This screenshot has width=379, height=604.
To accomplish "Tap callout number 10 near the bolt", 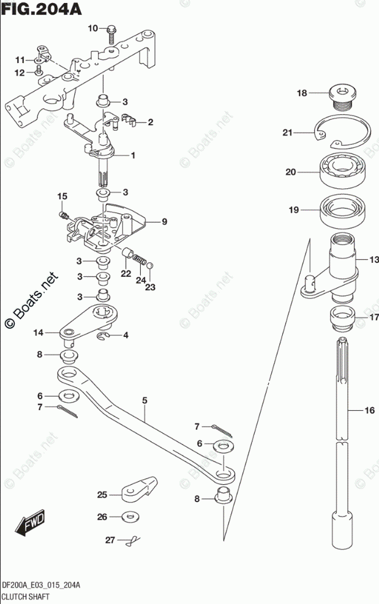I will (x=93, y=29).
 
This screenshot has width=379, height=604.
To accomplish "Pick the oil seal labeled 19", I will (x=344, y=210).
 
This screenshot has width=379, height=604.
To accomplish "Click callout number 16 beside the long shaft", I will (x=369, y=411).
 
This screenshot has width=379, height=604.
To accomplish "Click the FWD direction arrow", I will (x=29, y=523).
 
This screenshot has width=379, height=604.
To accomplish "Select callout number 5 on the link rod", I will (x=145, y=401).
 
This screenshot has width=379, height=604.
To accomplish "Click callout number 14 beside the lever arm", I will (x=39, y=333).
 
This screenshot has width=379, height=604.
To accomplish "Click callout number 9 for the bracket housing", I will (x=164, y=223).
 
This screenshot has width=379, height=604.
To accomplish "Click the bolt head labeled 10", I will (x=112, y=28).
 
